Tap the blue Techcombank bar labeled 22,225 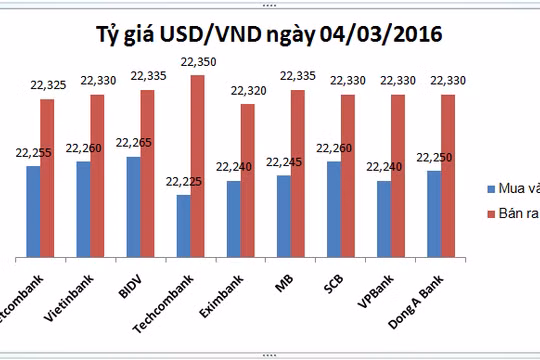pos(183,224)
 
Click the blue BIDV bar pos(133,205)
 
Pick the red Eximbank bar pos(247,179)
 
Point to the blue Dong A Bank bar pos(433,212)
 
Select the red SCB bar pos(347,174)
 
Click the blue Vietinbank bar pos(83,207)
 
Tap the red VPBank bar pos(397,174)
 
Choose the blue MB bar pos(283,214)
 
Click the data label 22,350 pos(196,65)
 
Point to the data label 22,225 pos(184,181)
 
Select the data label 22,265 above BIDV pos(134,143)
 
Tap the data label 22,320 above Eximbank pos(246,91)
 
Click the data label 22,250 pos(435,157)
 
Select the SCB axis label pos(335,274)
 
